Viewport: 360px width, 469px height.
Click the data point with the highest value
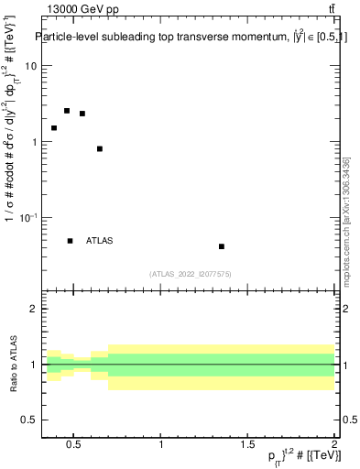click(x=67, y=111)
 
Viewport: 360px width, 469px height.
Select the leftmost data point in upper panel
click(x=54, y=128)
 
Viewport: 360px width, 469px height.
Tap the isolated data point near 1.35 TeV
click(x=222, y=246)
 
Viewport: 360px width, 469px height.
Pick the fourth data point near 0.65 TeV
click(x=100, y=148)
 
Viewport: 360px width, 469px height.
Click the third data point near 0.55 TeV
click(x=82, y=114)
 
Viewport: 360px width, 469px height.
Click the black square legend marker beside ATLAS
click(x=71, y=241)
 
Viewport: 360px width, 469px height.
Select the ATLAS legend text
click(x=100, y=241)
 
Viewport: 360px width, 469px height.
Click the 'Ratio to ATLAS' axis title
click(x=13, y=365)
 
